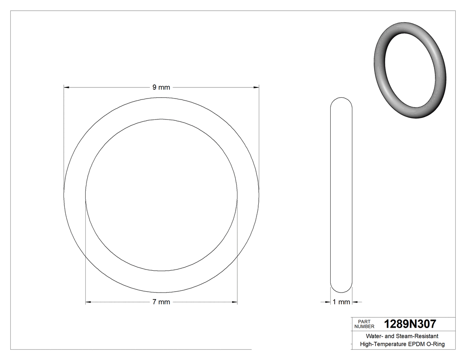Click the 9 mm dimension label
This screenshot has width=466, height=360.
161,87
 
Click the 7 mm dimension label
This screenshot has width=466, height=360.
161,302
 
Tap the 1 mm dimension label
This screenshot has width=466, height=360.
341,302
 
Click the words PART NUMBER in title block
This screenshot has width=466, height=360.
364,324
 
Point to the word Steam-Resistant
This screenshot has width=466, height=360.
418,336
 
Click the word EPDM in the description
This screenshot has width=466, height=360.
415,344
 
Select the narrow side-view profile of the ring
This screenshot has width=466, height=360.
341,195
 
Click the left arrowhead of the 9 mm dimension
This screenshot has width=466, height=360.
67,87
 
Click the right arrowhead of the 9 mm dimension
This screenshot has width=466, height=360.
256,87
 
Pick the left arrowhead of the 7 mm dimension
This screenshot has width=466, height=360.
88,302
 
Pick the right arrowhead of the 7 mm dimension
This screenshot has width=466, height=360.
235,302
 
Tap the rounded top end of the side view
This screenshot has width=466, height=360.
341,99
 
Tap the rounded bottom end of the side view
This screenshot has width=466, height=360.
341,290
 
